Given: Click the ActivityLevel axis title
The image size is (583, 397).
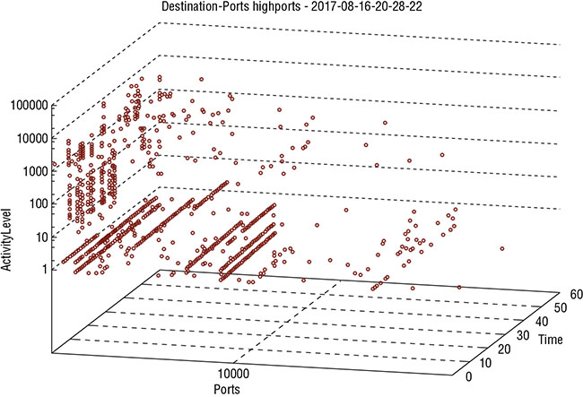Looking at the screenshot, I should click(x=9, y=251).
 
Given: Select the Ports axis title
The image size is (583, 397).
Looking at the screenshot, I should click(x=226, y=389).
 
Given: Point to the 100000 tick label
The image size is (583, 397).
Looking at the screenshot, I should click(x=26, y=105).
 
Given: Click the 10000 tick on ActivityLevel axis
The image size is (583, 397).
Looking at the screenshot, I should click(x=29, y=138).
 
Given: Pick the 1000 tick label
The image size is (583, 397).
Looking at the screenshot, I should click(x=31, y=170).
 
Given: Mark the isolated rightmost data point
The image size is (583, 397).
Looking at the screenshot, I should click(x=502, y=248).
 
